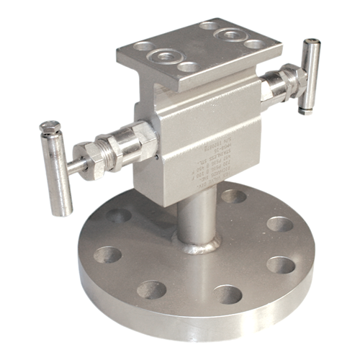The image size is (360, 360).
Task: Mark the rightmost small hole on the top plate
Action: coord(253,44)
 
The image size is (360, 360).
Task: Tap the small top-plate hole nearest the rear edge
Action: coord(210,26)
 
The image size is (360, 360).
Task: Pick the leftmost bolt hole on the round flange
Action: coord(108,254)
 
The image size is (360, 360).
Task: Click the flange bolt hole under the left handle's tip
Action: coord(119,215)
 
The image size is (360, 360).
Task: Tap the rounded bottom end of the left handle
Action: coord(66,211)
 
